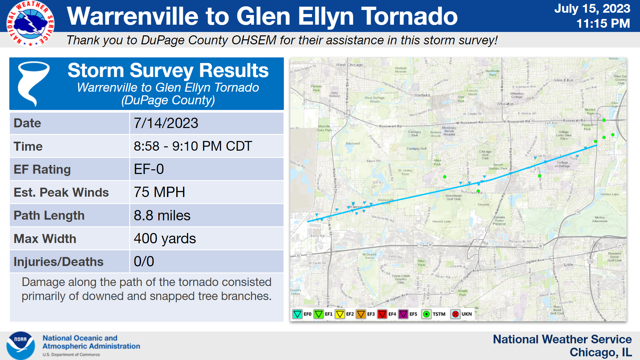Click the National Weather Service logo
click(30, 23)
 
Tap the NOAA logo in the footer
click(21, 345)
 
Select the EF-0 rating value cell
click(149, 169)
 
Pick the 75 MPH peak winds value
click(159, 192)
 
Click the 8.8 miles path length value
click(162, 216)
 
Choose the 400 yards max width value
click(165, 239)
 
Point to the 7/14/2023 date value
click(166, 123)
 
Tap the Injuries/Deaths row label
click(58, 262)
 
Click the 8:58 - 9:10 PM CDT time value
click(193, 146)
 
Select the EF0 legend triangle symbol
click(297, 314)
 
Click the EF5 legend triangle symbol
click(403, 314)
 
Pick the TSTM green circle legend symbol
click(426, 314)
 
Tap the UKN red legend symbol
click(455, 314)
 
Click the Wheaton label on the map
click(505, 104)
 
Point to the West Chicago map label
click(349, 65)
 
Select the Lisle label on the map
click(568, 264)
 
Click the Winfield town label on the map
click(422, 95)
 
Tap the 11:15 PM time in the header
click(603, 23)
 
